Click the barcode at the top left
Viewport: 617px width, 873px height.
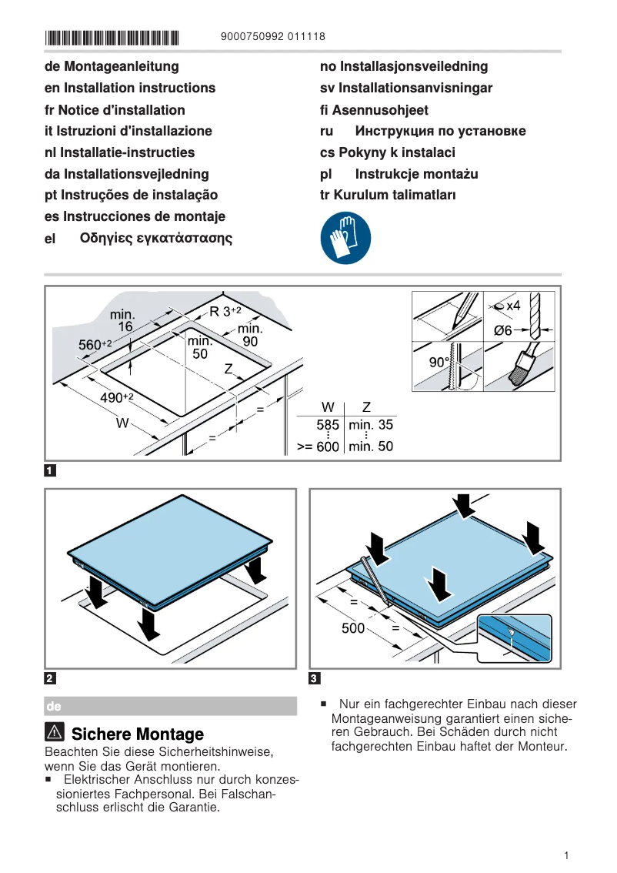pos(112,37)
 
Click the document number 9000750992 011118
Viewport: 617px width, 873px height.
pos(272,36)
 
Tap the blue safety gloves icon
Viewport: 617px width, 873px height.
pos(345,239)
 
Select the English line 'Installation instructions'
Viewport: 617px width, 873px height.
pos(130,88)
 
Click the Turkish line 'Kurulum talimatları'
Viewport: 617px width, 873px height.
pos(388,195)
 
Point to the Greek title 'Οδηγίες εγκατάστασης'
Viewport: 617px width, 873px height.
pos(156,238)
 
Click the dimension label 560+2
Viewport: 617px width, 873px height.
pos(95,345)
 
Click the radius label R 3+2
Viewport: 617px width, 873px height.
pos(225,312)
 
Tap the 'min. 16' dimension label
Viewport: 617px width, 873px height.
pos(122,320)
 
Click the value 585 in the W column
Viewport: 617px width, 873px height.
pos(328,425)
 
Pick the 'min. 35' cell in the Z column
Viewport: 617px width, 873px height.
pos(371,425)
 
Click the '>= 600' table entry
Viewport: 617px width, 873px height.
pos(318,447)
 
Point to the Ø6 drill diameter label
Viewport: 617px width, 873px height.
pos(502,330)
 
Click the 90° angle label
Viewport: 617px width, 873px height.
pos(439,363)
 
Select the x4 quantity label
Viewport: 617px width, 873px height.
pos(512,306)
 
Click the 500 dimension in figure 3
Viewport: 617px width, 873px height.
pos(353,628)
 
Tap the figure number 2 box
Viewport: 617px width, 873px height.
pos(50,678)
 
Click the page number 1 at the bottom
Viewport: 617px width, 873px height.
pos(565,855)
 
